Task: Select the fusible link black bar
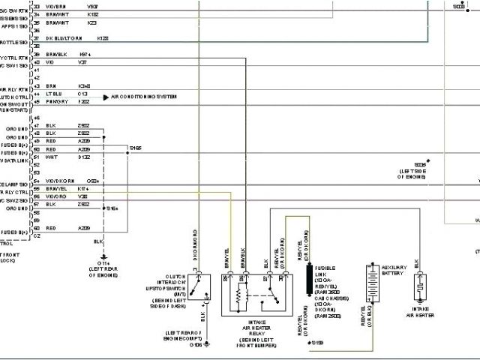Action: coord(307,279)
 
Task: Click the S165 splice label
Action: coord(134,148)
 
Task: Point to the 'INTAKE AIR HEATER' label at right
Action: coord(419,311)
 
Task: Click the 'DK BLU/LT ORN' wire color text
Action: coord(61,37)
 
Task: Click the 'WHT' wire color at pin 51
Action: coord(51,157)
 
